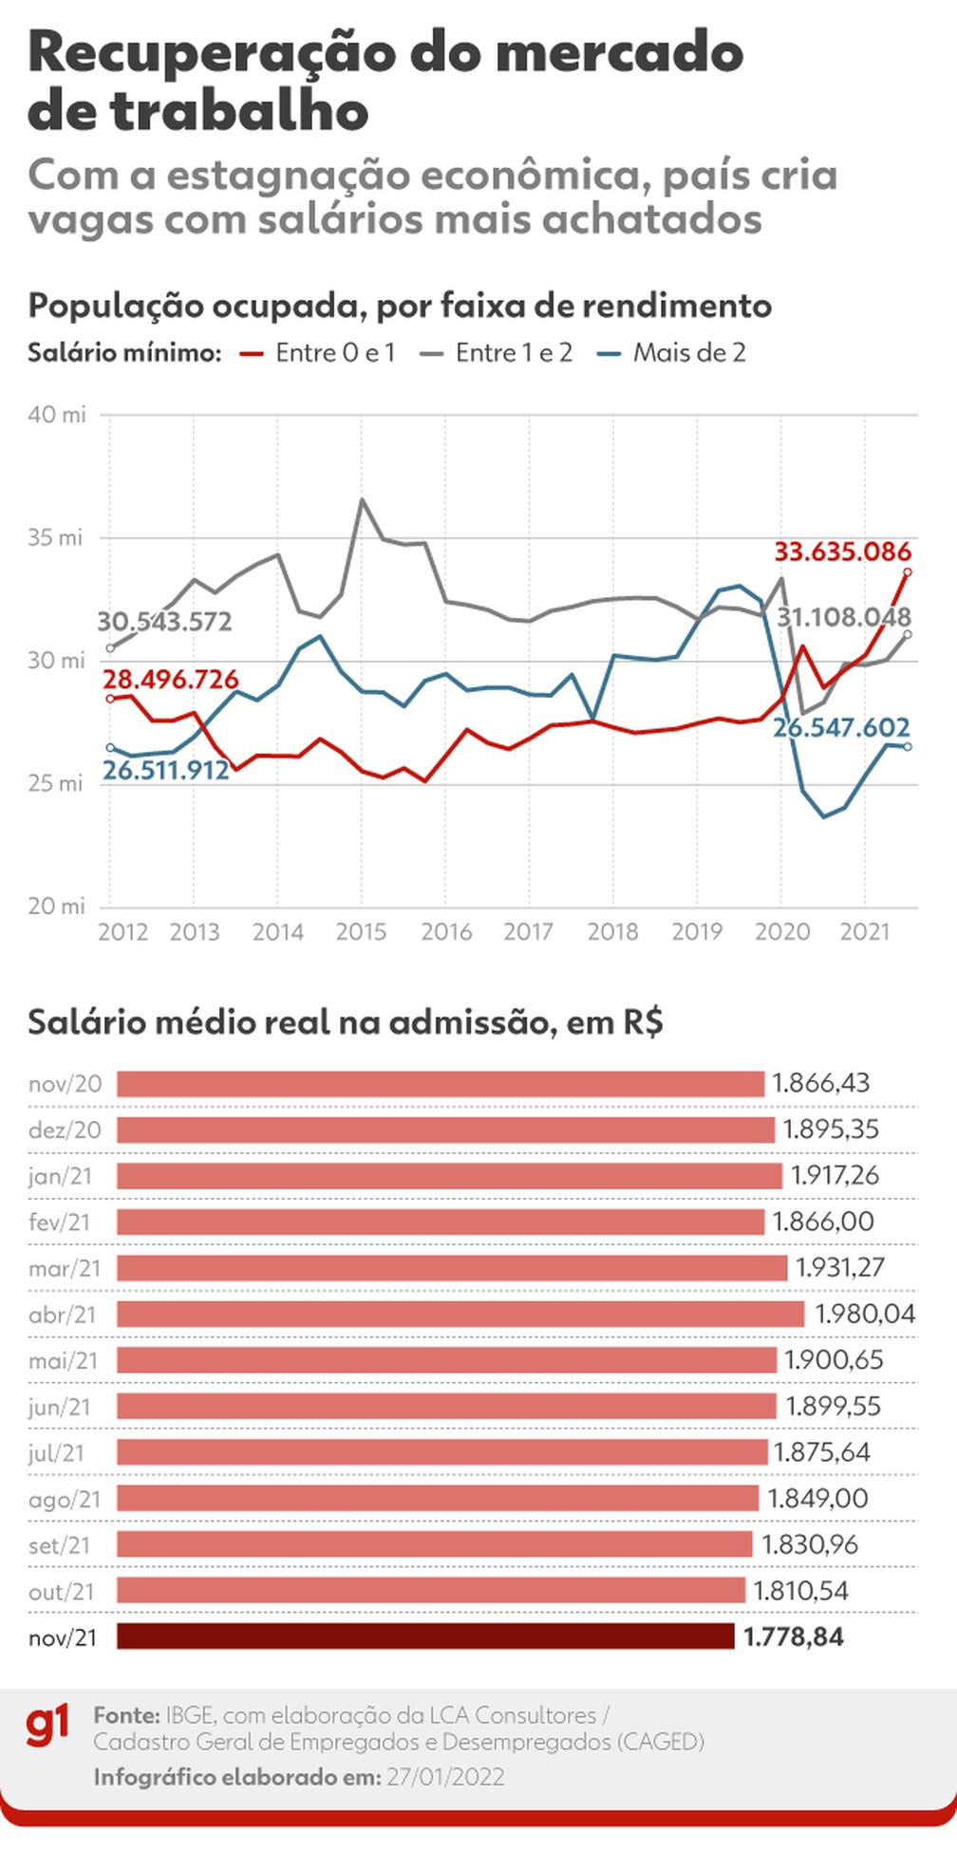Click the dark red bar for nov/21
pyautogui.click(x=425, y=1636)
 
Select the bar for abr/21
pyautogui.click(x=460, y=1314)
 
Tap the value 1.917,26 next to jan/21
pyautogui.click(x=835, y=1175)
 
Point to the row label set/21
pyautogui.click(x=59, y=1545)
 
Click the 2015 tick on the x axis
pyautogui.click(x=361, y=932)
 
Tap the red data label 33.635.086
pyautogui.click(x=842, y=551)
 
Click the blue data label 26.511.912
pyautogui.click(x=166, y=769)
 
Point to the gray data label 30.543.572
pyautogui.click(x=164, y=622)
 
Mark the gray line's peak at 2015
pyautogui.click(x=362, y=499)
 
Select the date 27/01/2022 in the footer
pyautogui.click(x=445, y=1777)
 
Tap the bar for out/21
pyautogui.click(x=431, y=1591)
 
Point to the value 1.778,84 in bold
pyautogui.click(x=794, y=1636)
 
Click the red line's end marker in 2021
pyautogui.click(x=908, y=571)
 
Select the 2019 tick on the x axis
pyautogui.click(x=697, y=932)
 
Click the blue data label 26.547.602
pyautogui.click(x=841, y=727)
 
